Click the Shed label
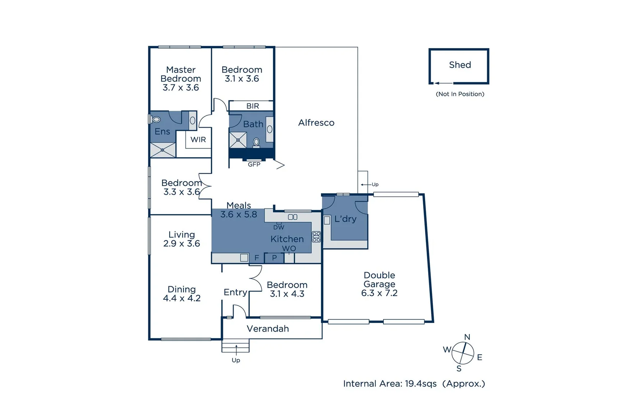tap(460, 65)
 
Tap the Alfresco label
tap(316, 123)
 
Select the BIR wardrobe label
tap(252, 106)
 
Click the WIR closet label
tap(198, 140)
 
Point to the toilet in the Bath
tap(256, 143)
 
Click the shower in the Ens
tap(162, 150)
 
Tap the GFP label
tap(254, 164)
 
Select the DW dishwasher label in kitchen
tap(278, 227)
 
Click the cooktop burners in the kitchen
tap(316, 237)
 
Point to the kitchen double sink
tap(293, 217)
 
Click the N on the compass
tap(467, 337)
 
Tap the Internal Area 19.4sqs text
tap(414, 384)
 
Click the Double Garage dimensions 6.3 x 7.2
tap(379, 293)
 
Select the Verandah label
tap(268, 329)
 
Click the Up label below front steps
tap(236, 360)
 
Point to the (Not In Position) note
tap(460, 94)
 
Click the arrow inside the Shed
tap(443, 83)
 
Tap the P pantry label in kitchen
tap(274, 258)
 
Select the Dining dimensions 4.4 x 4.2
tap(182, 298)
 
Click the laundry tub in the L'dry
tap(327, 220)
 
